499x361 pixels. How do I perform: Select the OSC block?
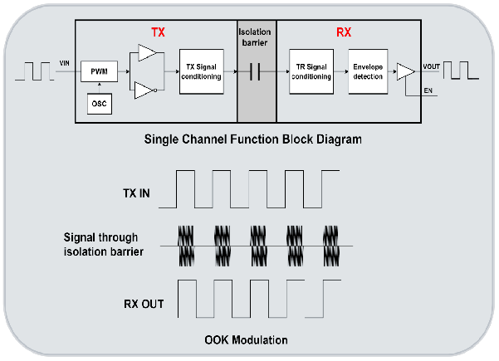tap(99, 104)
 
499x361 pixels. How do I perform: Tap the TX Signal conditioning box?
tap(202, 73)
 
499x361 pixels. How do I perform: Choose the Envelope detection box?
tap(366, 73)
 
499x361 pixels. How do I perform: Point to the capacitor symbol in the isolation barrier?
tap(256, 72)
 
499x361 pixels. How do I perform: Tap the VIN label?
tap(66, 63)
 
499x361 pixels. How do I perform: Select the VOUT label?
tap(432, 66)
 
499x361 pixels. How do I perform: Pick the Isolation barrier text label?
tap(255, 37)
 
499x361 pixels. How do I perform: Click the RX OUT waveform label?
tap(135, 304)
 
